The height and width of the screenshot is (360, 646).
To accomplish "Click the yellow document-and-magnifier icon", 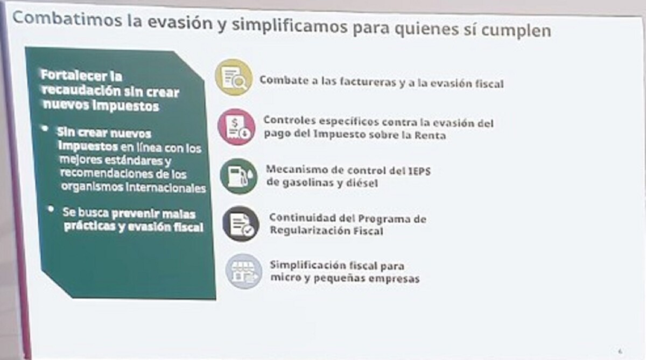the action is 234,77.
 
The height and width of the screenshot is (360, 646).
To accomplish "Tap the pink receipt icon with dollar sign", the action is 236,127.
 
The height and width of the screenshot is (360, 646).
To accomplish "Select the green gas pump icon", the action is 238,176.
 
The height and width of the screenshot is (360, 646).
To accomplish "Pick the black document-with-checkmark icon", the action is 241,224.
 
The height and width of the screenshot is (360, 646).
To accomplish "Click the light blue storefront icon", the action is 244,271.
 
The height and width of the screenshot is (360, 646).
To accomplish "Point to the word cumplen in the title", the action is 516,30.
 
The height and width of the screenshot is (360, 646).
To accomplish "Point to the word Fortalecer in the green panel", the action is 74,75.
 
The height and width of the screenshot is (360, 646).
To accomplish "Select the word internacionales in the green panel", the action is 166,188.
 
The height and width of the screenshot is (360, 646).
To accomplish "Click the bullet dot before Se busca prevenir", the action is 51,209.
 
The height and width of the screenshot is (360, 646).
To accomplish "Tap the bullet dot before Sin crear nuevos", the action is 45,129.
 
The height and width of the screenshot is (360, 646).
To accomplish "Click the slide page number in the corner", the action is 620,351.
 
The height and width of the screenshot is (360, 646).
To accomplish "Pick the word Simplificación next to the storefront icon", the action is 307,265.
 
